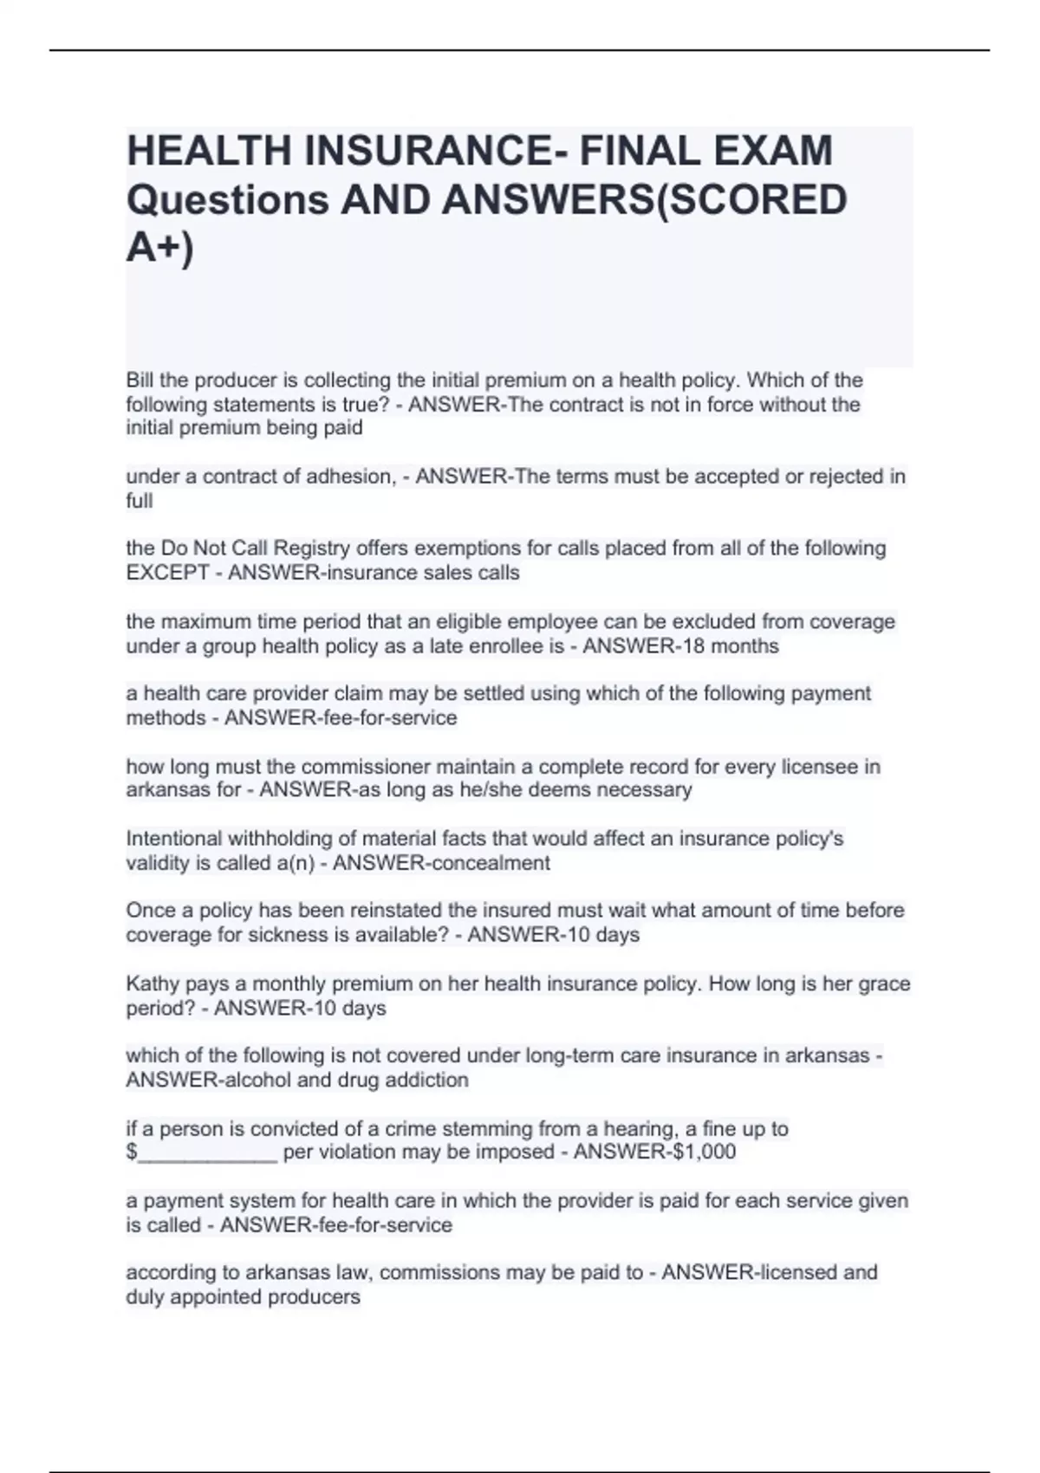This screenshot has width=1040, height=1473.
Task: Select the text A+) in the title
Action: point(160,248)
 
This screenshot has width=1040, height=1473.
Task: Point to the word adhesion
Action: point(350,477)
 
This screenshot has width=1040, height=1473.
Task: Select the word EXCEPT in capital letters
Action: point(167,573)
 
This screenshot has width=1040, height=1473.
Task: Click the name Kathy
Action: point(152,984)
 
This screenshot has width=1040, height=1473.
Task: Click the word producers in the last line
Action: point(316,1297)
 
